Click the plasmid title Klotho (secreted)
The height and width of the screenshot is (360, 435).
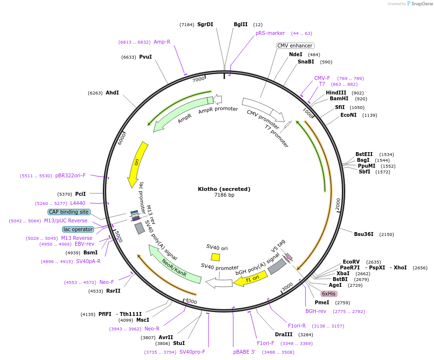(x=224, y=189)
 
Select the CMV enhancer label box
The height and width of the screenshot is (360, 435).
(x=295, y=46)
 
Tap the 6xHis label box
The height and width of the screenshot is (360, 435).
(x=329, y=294)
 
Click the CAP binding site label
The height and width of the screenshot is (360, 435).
(x=69, y=212)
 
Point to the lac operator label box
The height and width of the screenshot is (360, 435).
(x=78, y=229)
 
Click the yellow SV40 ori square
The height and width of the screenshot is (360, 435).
(x=215, y=257)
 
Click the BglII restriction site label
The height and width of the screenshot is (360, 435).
(x=241, y=24)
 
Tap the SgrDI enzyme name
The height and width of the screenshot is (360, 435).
(x=205, y=24)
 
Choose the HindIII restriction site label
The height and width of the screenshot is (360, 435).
(x=336, y=93)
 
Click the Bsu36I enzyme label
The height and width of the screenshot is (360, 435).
(x=364, y=234)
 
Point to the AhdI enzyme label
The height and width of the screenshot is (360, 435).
(x=112, y=93)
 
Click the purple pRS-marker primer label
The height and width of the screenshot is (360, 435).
(x=270, y=33)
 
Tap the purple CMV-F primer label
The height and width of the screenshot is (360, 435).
(x=322, y=78)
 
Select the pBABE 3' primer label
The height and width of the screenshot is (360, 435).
(x=244, y=352)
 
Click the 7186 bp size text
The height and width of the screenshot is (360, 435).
(x=224, y=195)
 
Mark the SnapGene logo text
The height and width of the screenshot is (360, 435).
(x=419, y=4)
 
